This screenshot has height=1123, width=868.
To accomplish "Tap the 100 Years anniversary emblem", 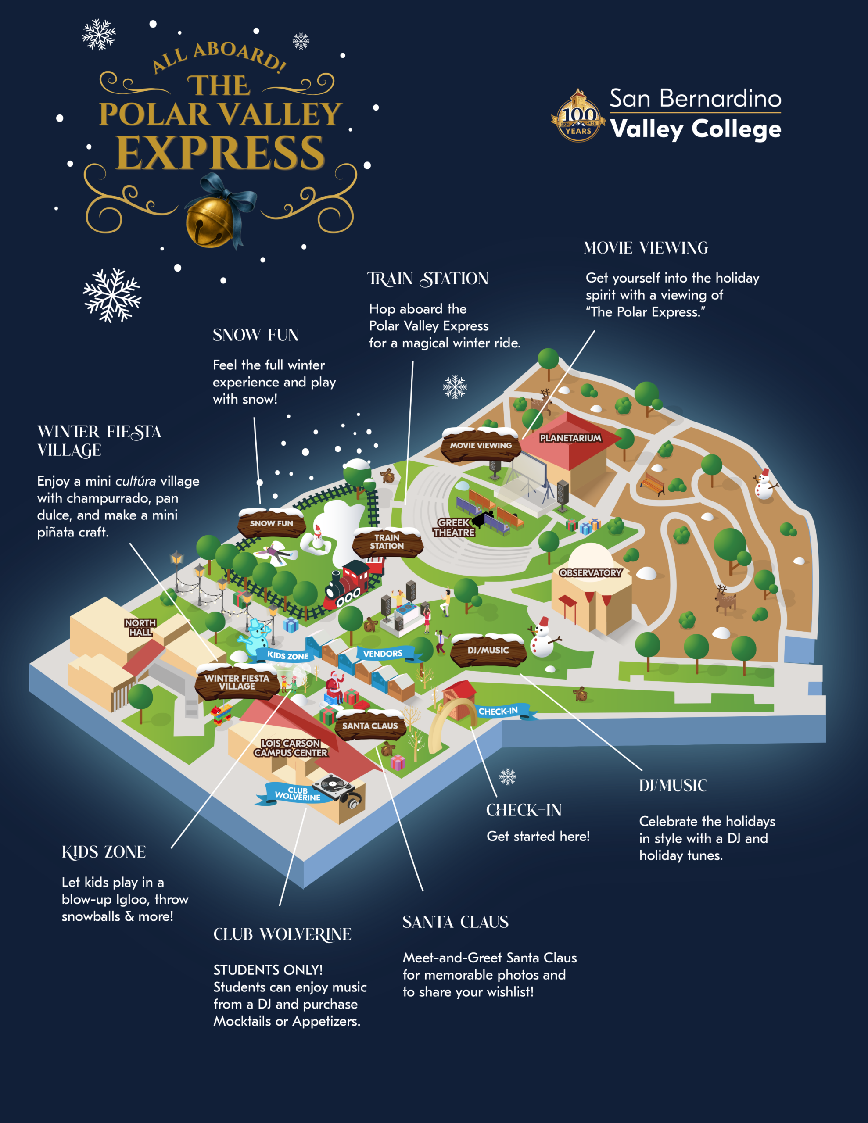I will click(x=578, y=117).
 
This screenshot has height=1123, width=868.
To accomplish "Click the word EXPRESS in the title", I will click(x=220, y=153).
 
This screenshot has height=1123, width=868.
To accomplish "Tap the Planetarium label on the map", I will click(x=570, y=438).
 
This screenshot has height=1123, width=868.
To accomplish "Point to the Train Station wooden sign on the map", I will click(x=387, y=542).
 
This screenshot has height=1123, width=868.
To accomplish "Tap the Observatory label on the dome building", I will click(x=590, y=573).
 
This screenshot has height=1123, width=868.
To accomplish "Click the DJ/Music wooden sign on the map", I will click(x=488, y=651).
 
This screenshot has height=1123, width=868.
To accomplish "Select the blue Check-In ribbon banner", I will click(x=498, y=712).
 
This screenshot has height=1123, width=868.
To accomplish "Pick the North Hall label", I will click(x=140, y=628).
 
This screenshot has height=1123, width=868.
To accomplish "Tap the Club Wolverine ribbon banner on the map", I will click(x=297, y=794).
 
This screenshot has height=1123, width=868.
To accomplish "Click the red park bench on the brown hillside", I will click(x=652, y=484).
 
